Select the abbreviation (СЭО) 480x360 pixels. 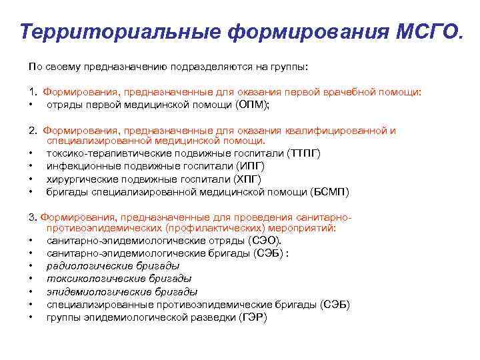[265, 240]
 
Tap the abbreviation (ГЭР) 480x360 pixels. [253, 317]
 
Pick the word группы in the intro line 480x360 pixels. [291, 67]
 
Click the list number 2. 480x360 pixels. [32, 131]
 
